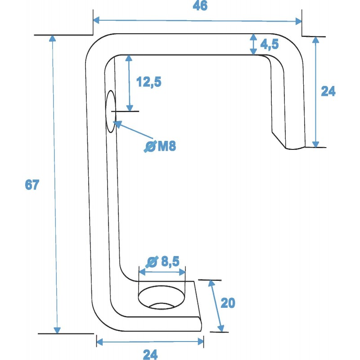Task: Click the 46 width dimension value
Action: tap(200, 6)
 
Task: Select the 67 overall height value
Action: tap(32, 185)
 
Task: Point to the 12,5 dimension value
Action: tap(148, 82)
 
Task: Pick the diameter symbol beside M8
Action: tap(150, 146)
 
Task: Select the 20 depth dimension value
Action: tap(228, 303)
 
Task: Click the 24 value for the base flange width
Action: tap(150, 354)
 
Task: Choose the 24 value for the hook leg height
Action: tap(328, 91)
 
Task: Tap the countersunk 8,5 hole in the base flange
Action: tap(162, 298)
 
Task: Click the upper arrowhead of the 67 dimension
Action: tap(52, 38)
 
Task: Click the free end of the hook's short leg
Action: tap(295, 147)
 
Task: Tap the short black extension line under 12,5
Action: tap(126, 111)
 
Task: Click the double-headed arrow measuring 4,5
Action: tap(254, 44)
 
